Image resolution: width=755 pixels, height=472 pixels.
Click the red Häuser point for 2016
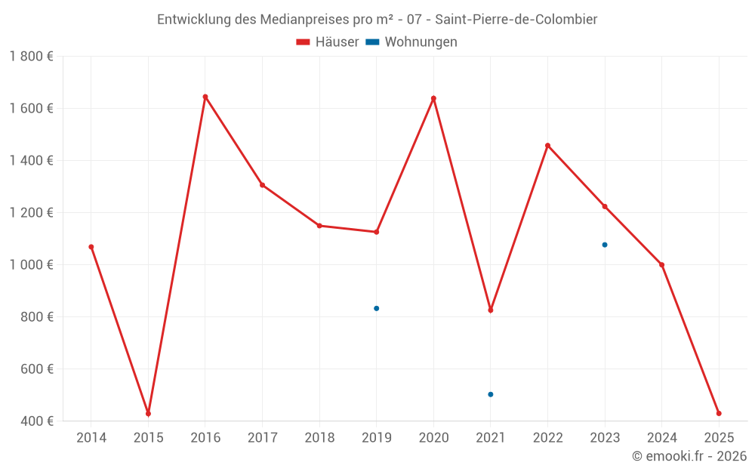click(x=205, y=97)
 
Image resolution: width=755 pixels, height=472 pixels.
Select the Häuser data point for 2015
click(x=148, y=413)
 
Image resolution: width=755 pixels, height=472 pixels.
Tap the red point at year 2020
click(x=433, y=98)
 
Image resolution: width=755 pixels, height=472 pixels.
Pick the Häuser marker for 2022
click(x=547, y=146)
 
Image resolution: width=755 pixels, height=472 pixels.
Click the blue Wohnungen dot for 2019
click(x=376, y=308)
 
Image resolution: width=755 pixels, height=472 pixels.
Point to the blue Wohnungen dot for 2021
click(x=491, y=394)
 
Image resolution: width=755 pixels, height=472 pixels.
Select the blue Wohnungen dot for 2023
click(x=605, y=245)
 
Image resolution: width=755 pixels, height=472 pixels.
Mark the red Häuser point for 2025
click(x=719, y=413)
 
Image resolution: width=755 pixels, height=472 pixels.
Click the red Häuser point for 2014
click(x=91, y=247)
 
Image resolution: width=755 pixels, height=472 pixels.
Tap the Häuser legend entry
click(x=328, y=42)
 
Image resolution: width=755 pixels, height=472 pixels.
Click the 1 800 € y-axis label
click(x=32, y=57)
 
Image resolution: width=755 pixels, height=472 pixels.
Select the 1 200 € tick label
click(x=32, y=213)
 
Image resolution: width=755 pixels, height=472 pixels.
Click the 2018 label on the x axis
click(x=319, y=438)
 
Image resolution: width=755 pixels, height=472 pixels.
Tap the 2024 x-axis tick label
click(x=661, y=438)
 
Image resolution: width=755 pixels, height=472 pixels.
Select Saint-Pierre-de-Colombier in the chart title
click(x=516, y=20)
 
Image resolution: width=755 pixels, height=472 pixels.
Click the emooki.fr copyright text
click(x=689, y=456)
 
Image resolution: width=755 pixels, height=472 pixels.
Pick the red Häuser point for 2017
click(x=262, y=185)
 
